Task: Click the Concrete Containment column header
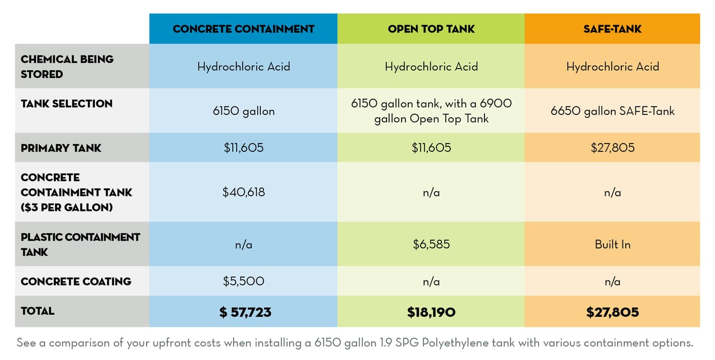243,29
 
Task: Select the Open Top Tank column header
431,29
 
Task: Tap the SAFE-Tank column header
612,29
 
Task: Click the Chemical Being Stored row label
67,66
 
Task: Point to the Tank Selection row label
66,104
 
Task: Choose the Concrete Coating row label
76,281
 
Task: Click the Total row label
38,311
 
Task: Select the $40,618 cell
243,192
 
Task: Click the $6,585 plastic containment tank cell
431,244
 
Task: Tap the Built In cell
612,244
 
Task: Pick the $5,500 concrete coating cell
243,281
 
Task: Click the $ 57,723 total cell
245,312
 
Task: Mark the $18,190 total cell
431,312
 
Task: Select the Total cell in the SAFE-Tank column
612,312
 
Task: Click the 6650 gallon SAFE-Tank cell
612,111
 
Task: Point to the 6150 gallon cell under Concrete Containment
243,111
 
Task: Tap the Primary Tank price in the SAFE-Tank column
612,148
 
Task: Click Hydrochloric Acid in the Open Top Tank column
431,67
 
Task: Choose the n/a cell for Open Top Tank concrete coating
431,281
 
